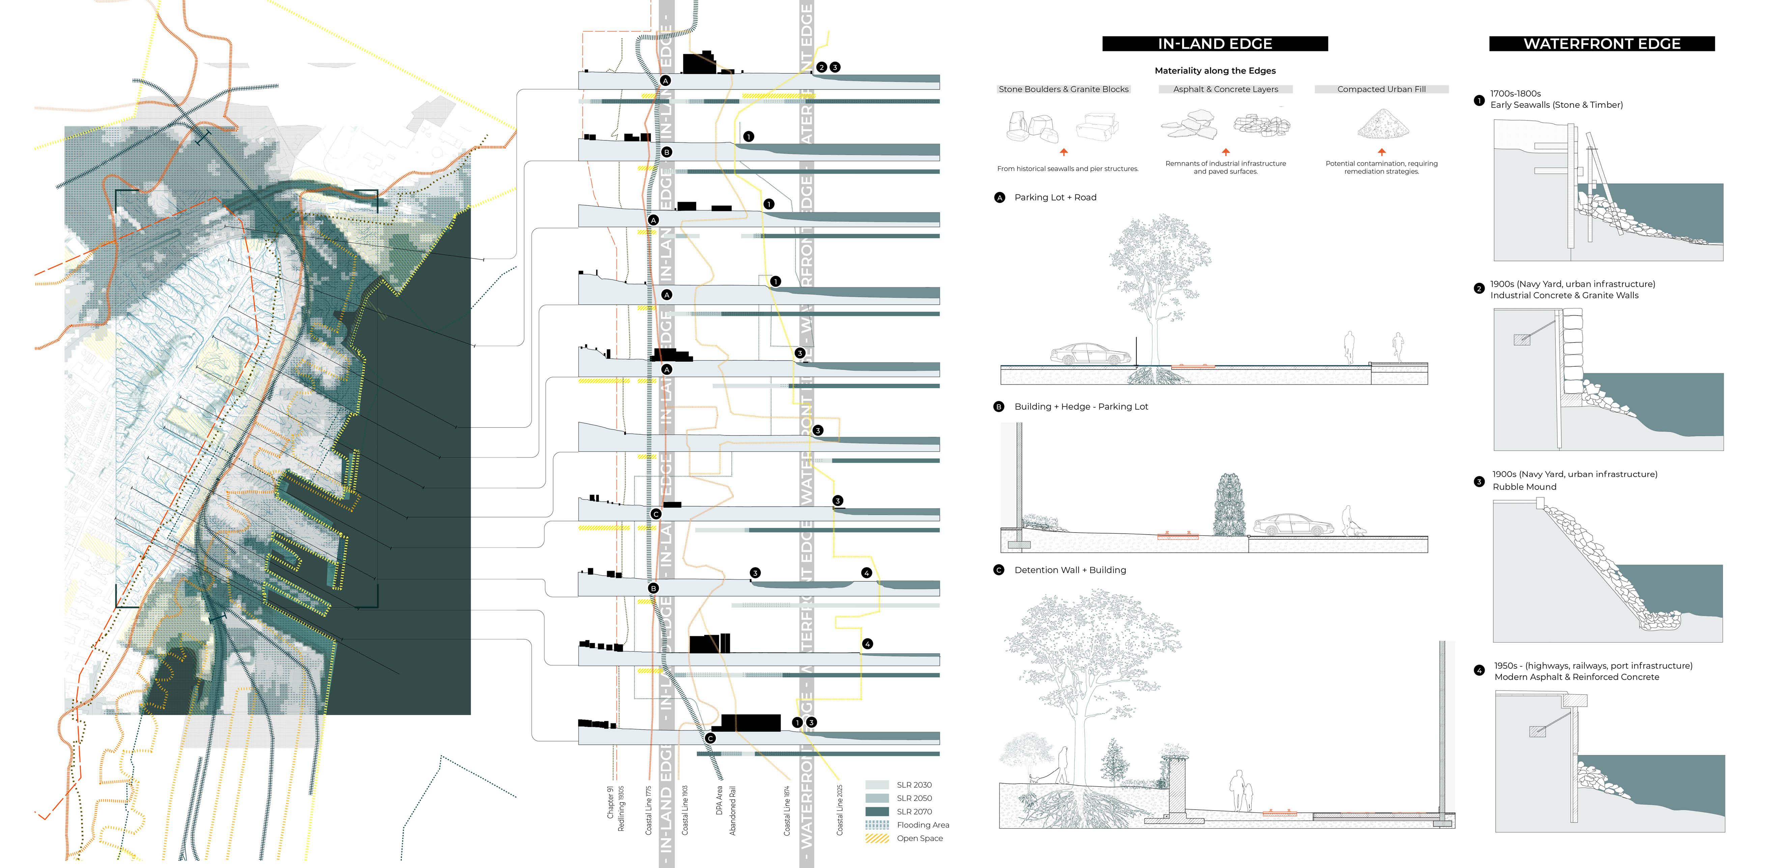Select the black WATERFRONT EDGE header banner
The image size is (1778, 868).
pyautogui.click(x=1601, y=44)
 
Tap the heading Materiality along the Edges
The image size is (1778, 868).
pyautogui.click(x=1215, y=71)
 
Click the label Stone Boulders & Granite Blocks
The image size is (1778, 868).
pyautogui.click(x=1063, y=89)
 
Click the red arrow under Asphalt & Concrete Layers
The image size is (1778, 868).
pyautogui.click(x=1226, y=151)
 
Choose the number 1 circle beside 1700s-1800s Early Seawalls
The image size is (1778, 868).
pyautogui.click(x=1479, y=100)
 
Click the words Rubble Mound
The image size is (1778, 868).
pyautogui.click(x=1524, y=487)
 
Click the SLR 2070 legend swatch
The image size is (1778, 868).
pyautogui.click(x=877, y=811)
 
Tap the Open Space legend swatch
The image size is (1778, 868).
pyautogui.click(x=877, y=838)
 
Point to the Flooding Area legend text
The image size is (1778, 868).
pyautogui.click(x=923, y=825)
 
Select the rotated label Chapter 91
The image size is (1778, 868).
pyautogui.click(x=610, y=803)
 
